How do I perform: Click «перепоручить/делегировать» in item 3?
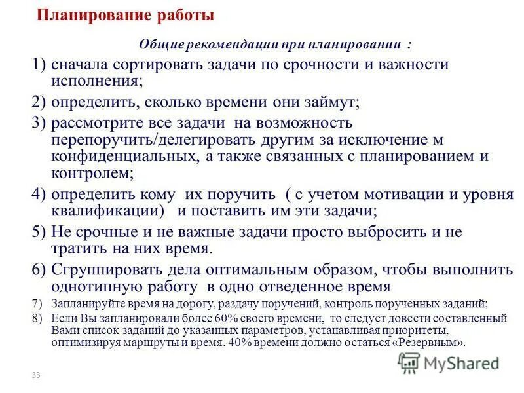[140, 139]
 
